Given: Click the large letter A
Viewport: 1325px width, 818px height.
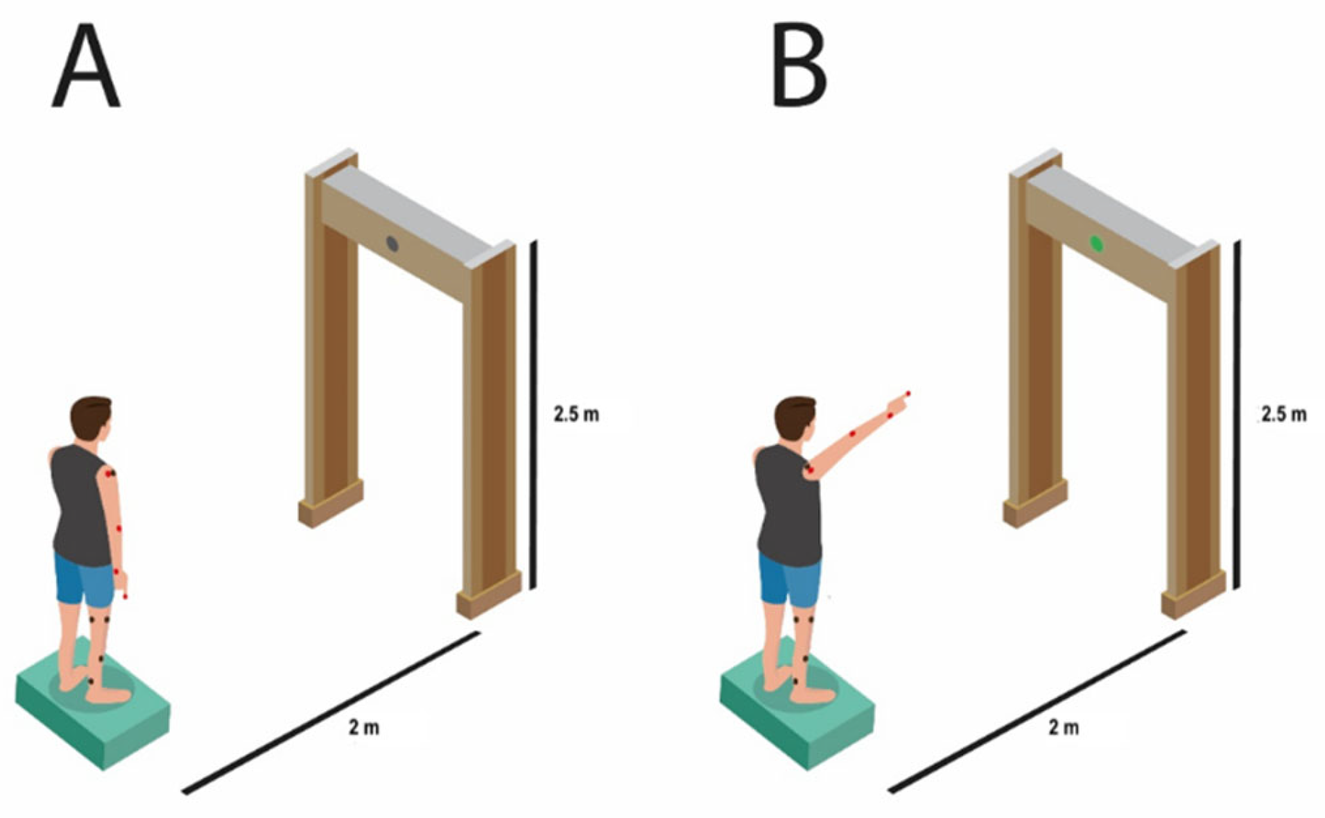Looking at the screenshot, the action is coord(86,66).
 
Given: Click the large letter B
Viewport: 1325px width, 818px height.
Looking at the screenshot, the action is coord(799,66).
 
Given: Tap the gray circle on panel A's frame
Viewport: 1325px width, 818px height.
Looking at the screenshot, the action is coord(392,244).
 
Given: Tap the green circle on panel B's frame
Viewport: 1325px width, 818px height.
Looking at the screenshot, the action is coord(1096,244).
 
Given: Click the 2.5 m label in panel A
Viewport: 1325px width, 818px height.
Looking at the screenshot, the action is coord(576,414).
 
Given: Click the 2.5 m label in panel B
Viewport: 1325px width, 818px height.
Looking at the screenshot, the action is coord(1283,414).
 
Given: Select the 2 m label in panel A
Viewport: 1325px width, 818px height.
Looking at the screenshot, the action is coord(364,728).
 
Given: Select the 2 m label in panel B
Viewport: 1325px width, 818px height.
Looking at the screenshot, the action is coord(1064,728).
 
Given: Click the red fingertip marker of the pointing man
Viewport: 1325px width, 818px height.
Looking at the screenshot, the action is coord(908,394).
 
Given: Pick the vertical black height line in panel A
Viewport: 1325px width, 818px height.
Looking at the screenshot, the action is coord(533,414).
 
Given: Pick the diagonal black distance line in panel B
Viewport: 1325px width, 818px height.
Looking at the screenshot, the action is coord(1037,711).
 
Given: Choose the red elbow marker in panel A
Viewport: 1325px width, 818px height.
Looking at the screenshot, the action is coord(119,529).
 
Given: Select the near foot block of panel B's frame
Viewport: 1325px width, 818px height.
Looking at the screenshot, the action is coord(1193,595).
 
